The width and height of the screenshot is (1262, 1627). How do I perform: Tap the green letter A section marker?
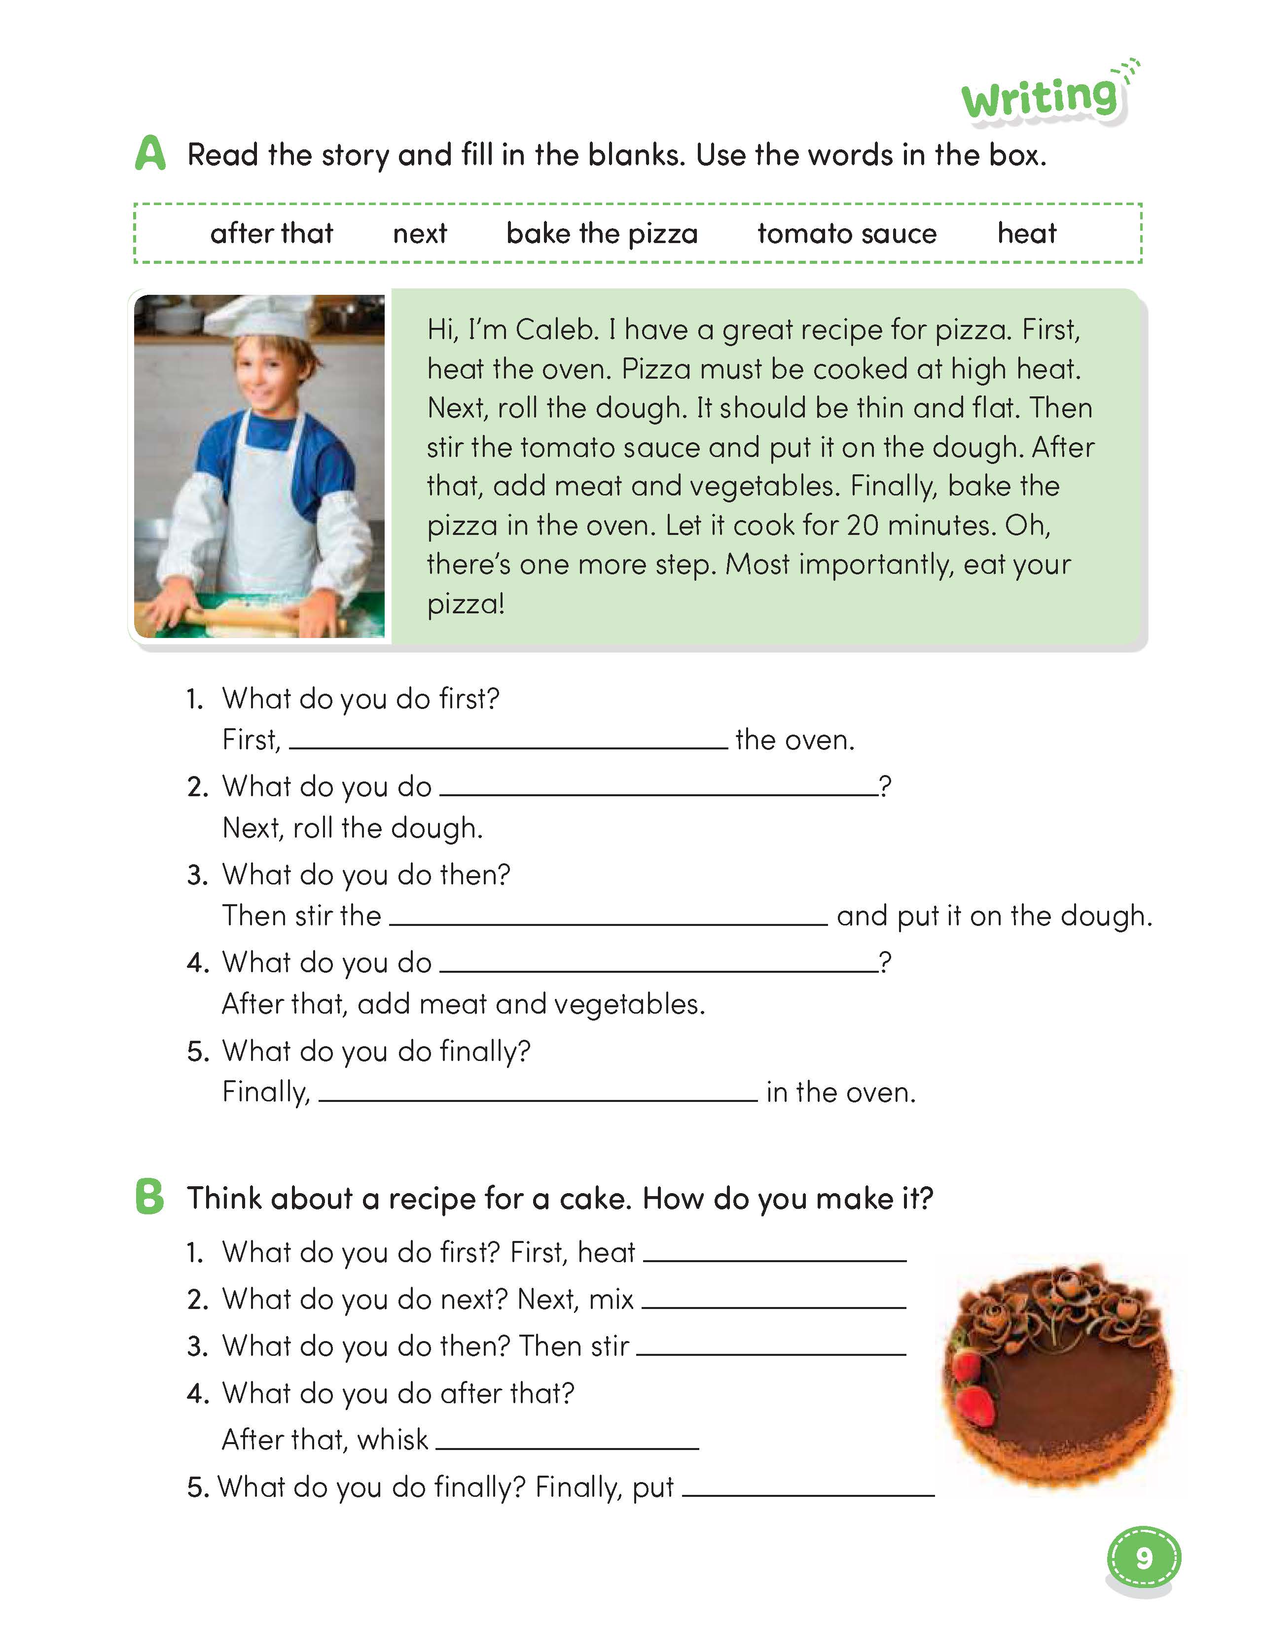pos(150,154)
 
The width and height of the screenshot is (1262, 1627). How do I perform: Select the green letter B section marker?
pos(150,1197)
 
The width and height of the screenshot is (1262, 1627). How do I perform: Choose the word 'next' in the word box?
pos(419,234)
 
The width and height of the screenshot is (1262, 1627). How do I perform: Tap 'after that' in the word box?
pos(271,234)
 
